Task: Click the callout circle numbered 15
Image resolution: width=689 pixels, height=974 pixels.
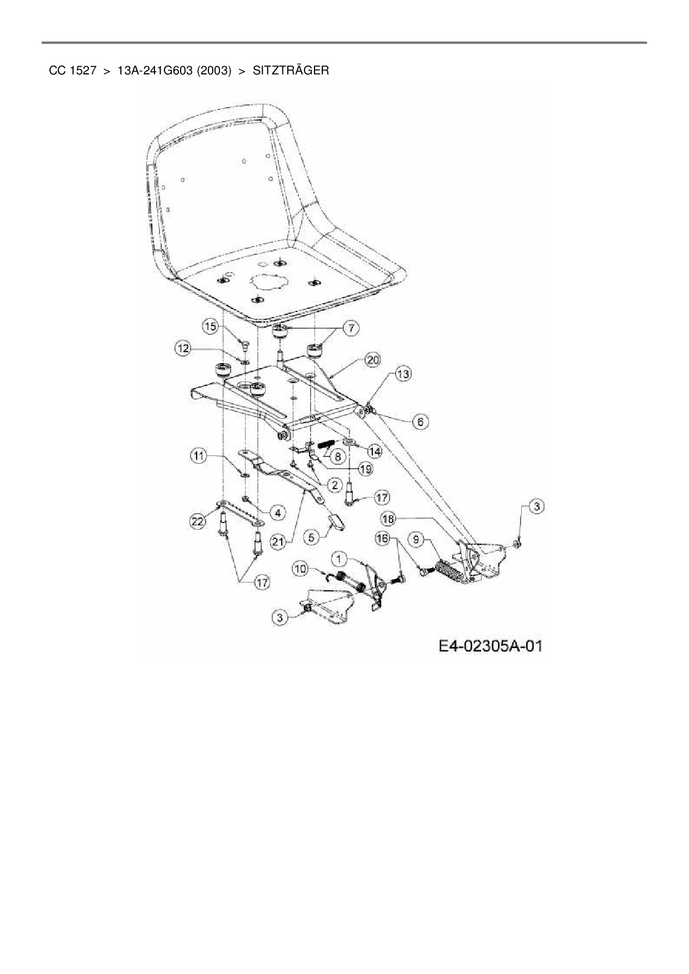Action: tap(210, 327)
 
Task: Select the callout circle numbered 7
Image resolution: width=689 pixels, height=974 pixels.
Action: tap(351, 328)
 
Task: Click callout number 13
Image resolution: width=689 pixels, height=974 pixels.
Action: tap(403, 374)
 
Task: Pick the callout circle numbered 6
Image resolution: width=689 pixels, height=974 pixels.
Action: tap(420, 422)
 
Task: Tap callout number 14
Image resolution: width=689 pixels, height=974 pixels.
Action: tap(375, 451)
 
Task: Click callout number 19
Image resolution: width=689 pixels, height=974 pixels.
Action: tap(365, 469)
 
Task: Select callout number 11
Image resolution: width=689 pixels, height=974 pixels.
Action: tap(198, 456)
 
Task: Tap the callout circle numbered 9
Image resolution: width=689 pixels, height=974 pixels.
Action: tap(417, 539)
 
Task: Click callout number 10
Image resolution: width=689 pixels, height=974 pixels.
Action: tap(301, 568)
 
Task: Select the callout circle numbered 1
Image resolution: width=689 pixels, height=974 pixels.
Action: tap(339, 558)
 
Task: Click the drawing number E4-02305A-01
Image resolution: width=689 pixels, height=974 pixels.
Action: tap(490, 646)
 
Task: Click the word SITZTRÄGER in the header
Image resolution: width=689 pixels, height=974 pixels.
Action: tap(291, 71)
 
